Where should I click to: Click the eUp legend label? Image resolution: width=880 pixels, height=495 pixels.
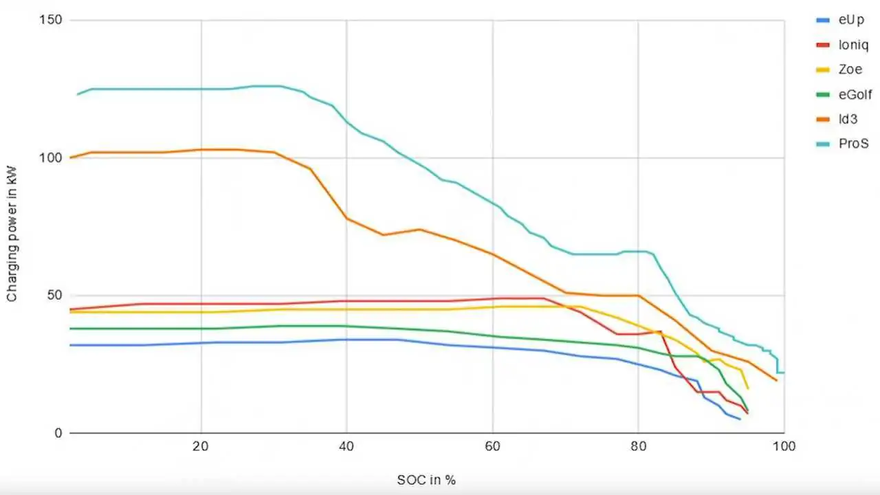[x=850, y=20]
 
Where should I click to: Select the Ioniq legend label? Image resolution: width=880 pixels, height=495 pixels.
[x=852, y=45]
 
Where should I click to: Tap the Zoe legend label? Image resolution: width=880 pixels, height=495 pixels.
[x=850, y=69]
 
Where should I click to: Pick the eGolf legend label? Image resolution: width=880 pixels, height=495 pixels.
[x=855, y=94]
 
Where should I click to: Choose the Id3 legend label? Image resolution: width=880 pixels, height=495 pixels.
[x=848, y=119]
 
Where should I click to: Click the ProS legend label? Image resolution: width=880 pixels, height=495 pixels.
[x=853, y=144]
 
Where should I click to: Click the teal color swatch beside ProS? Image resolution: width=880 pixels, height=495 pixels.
[x=822, y=144]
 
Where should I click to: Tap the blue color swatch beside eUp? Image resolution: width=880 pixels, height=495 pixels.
[x=822, y=20]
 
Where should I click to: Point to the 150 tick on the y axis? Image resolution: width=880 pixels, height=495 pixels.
[x=50, y=20]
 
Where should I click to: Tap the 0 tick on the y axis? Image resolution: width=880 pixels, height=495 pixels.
[x=58, y=433]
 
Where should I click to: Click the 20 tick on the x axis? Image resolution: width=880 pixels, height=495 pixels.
[x=201, y=446]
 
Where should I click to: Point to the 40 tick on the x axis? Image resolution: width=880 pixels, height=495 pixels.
[x=346, y=446]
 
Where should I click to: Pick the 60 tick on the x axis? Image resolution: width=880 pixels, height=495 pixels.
[x=492, y=446]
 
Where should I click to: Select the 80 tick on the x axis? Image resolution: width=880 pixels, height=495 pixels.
[x=638, y=446]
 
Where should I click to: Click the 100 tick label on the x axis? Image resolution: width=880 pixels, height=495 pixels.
[x=784, y=446]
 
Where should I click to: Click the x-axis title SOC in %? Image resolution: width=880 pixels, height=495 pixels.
[x=426, y=480]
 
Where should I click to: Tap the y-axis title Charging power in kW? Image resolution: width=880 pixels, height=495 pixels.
[x=12, y=226]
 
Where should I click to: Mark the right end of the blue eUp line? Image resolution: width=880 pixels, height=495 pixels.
[x=740, y=419]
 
